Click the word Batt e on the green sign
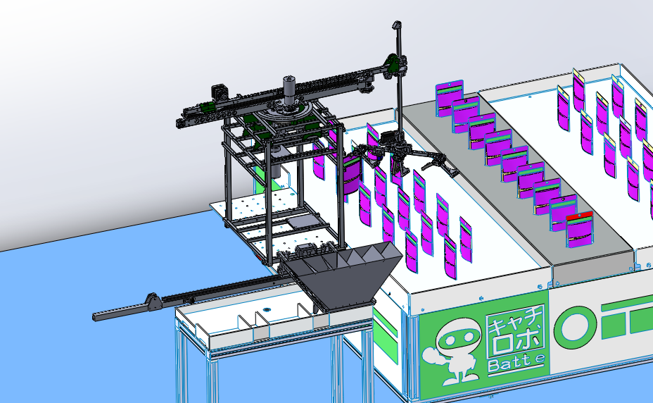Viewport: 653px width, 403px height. pyautogui.click(x=516, y=363)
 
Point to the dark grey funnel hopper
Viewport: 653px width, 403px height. pyautogui.click(x=342, y=276)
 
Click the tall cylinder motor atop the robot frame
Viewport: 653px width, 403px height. pyautogui.click(x=289, y=92)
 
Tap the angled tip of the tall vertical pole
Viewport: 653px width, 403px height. pyautogui.click(x=397, y=25)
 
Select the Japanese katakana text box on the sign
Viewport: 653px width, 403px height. pyautogui.click(x=516, y=332)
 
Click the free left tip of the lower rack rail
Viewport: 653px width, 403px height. pyautogui.click(x=94, y=317)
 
